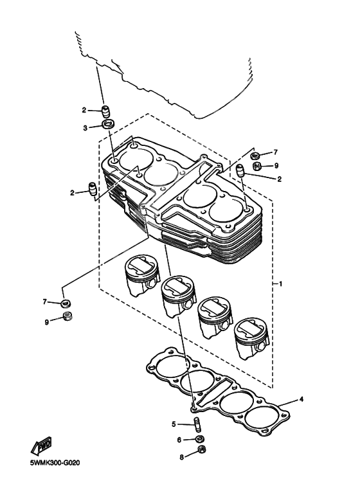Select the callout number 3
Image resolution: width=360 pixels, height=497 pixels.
coord(84,128)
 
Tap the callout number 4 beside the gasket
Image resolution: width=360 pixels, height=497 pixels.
coord(301,399)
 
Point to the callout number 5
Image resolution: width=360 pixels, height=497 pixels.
coord(174,424)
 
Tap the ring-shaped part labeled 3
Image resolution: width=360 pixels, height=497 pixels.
coord(109,124)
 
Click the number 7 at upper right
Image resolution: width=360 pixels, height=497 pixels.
coord(276,152)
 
